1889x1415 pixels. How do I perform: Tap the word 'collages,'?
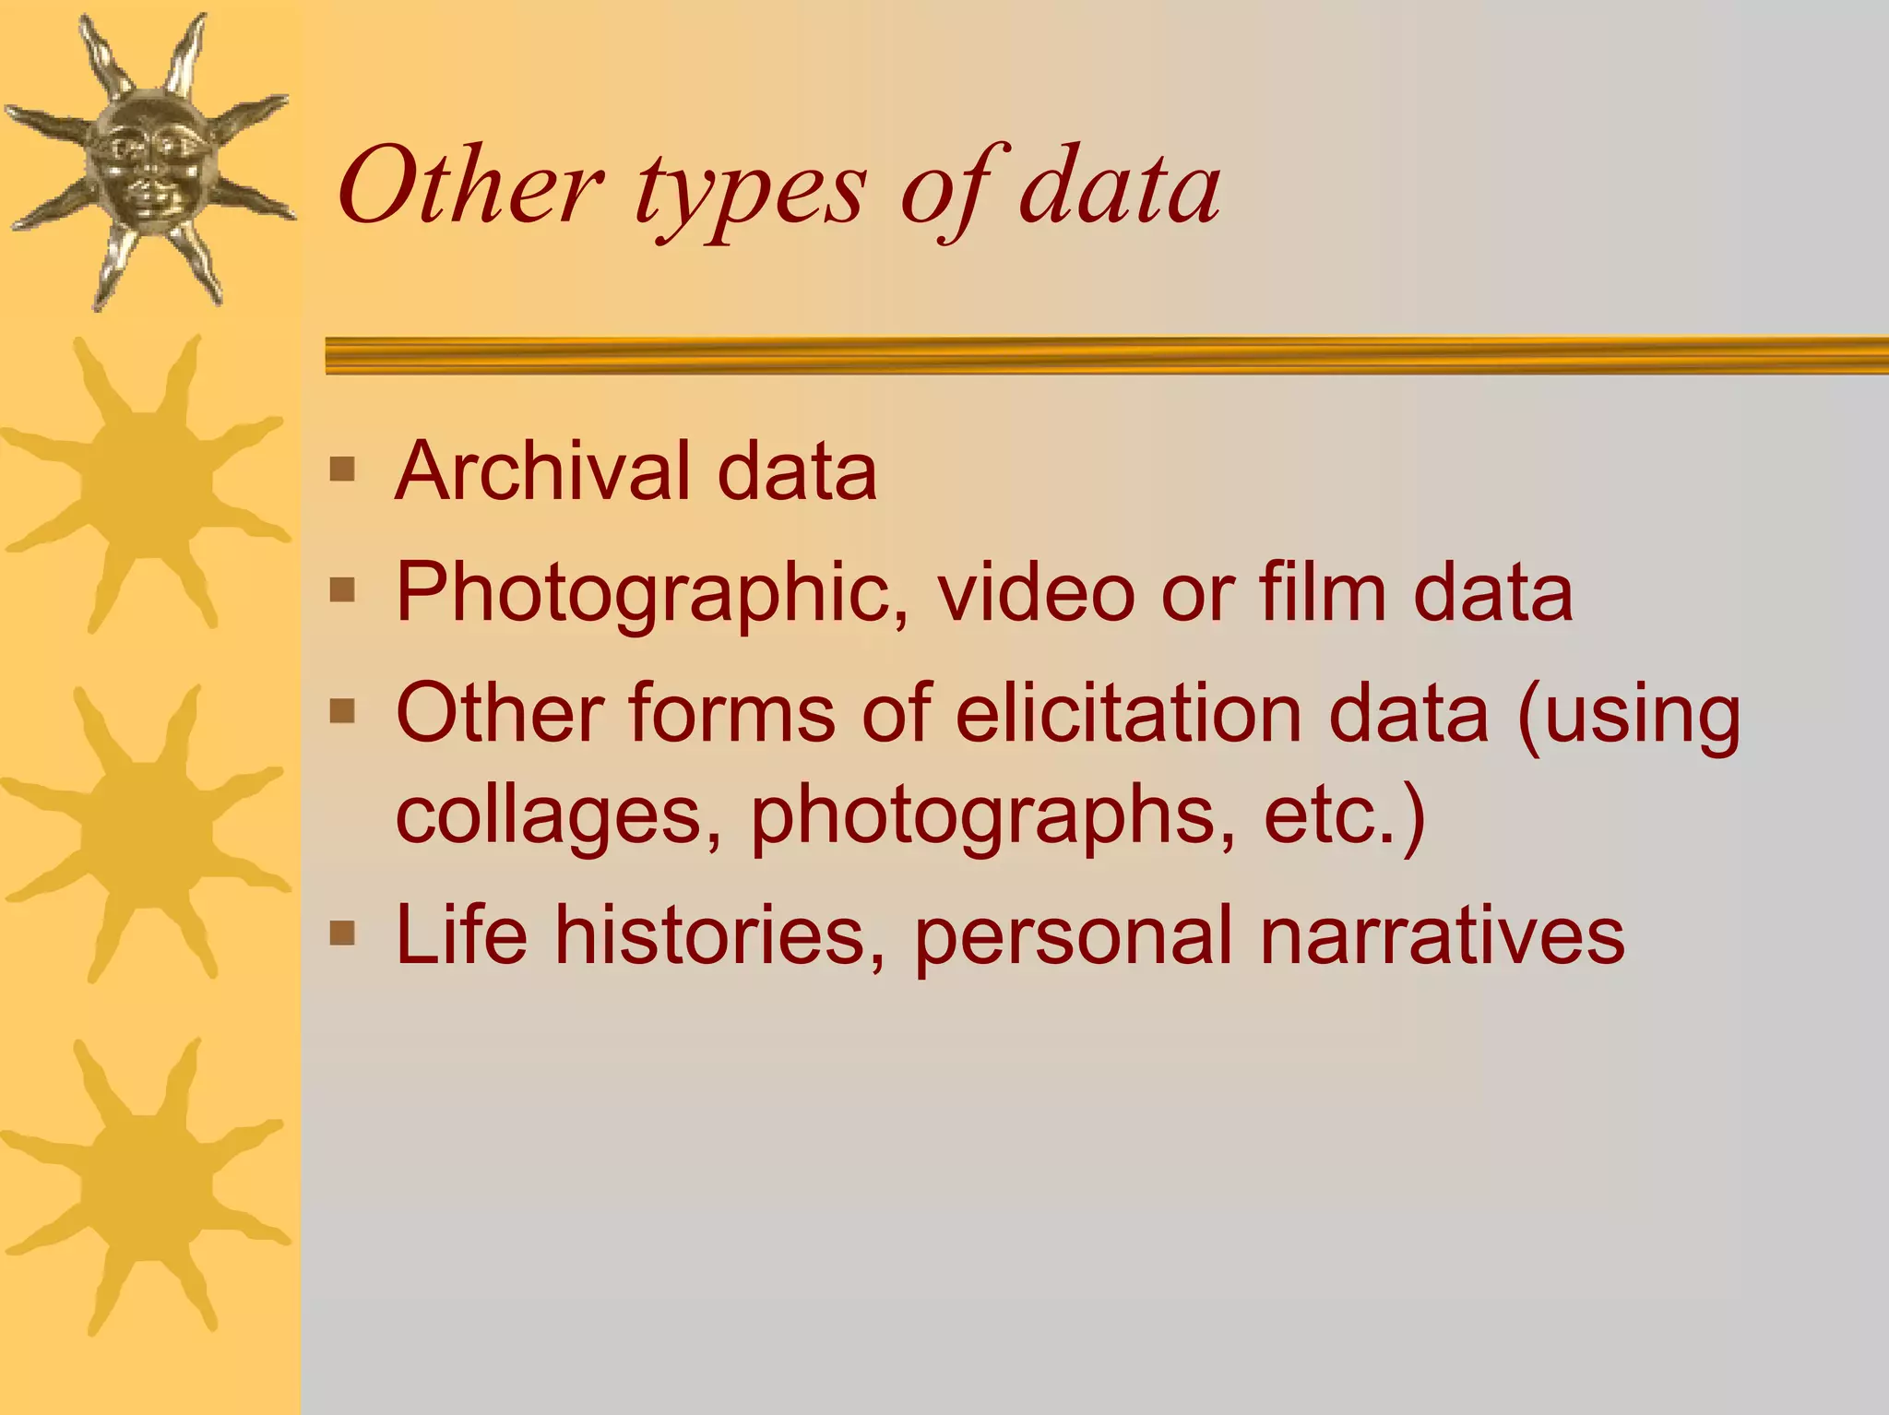[558, 815]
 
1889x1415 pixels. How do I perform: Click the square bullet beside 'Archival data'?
[342, 470]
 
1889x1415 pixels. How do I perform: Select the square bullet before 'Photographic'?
[342, 589]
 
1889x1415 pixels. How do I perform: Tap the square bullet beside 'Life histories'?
[342, 933]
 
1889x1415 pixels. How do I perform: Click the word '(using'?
[1629, 716]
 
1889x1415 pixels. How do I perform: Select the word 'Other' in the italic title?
[470, 188]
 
